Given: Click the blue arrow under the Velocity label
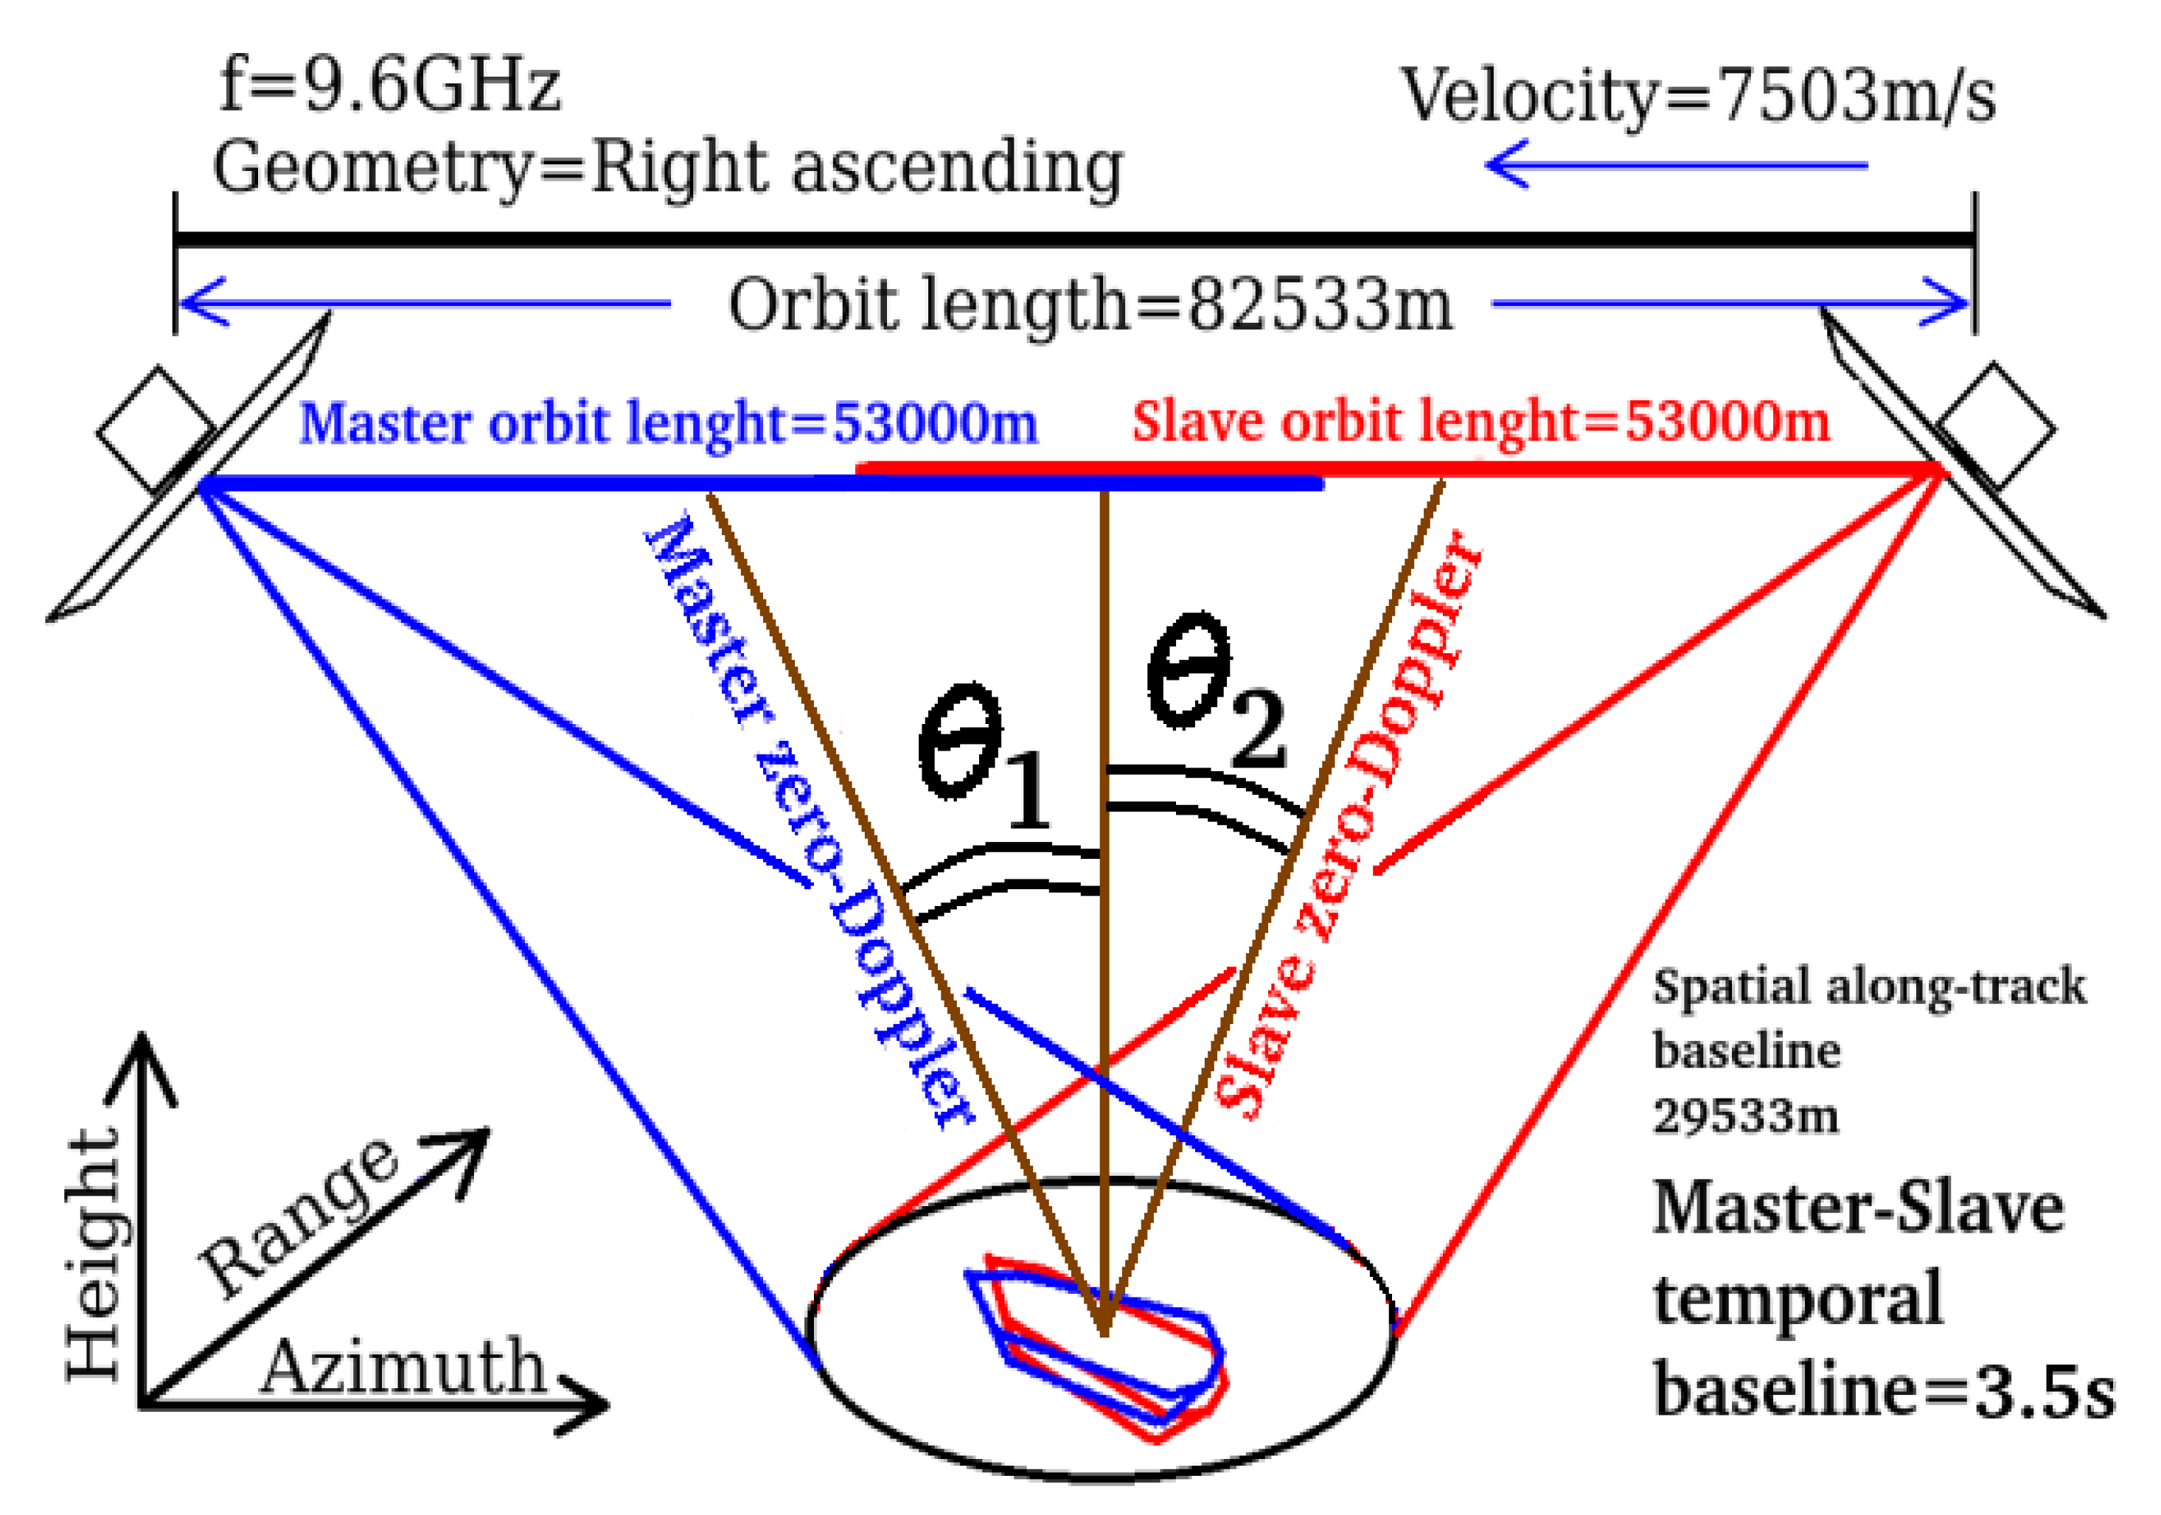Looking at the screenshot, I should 1675,166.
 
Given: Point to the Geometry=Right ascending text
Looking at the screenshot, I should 667,167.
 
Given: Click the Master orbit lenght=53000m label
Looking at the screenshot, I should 667,423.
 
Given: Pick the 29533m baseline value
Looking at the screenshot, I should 1745,1117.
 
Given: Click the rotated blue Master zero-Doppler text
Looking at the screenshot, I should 810,818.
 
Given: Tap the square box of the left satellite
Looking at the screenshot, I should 156,431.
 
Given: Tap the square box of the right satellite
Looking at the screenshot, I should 1995,425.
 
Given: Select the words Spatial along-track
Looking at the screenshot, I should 1868,987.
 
